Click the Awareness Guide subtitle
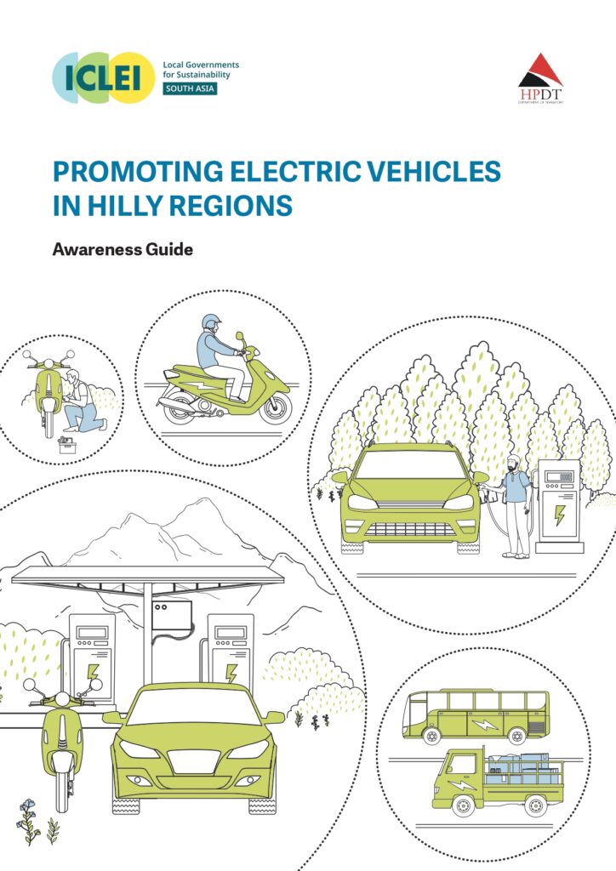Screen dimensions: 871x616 pyautogui.click(x=123, y=251)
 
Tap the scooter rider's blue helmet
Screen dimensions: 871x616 pyautogui.click(x=211, y=323)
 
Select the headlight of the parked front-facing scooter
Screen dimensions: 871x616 pyautogui.click(x=61, y=700)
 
